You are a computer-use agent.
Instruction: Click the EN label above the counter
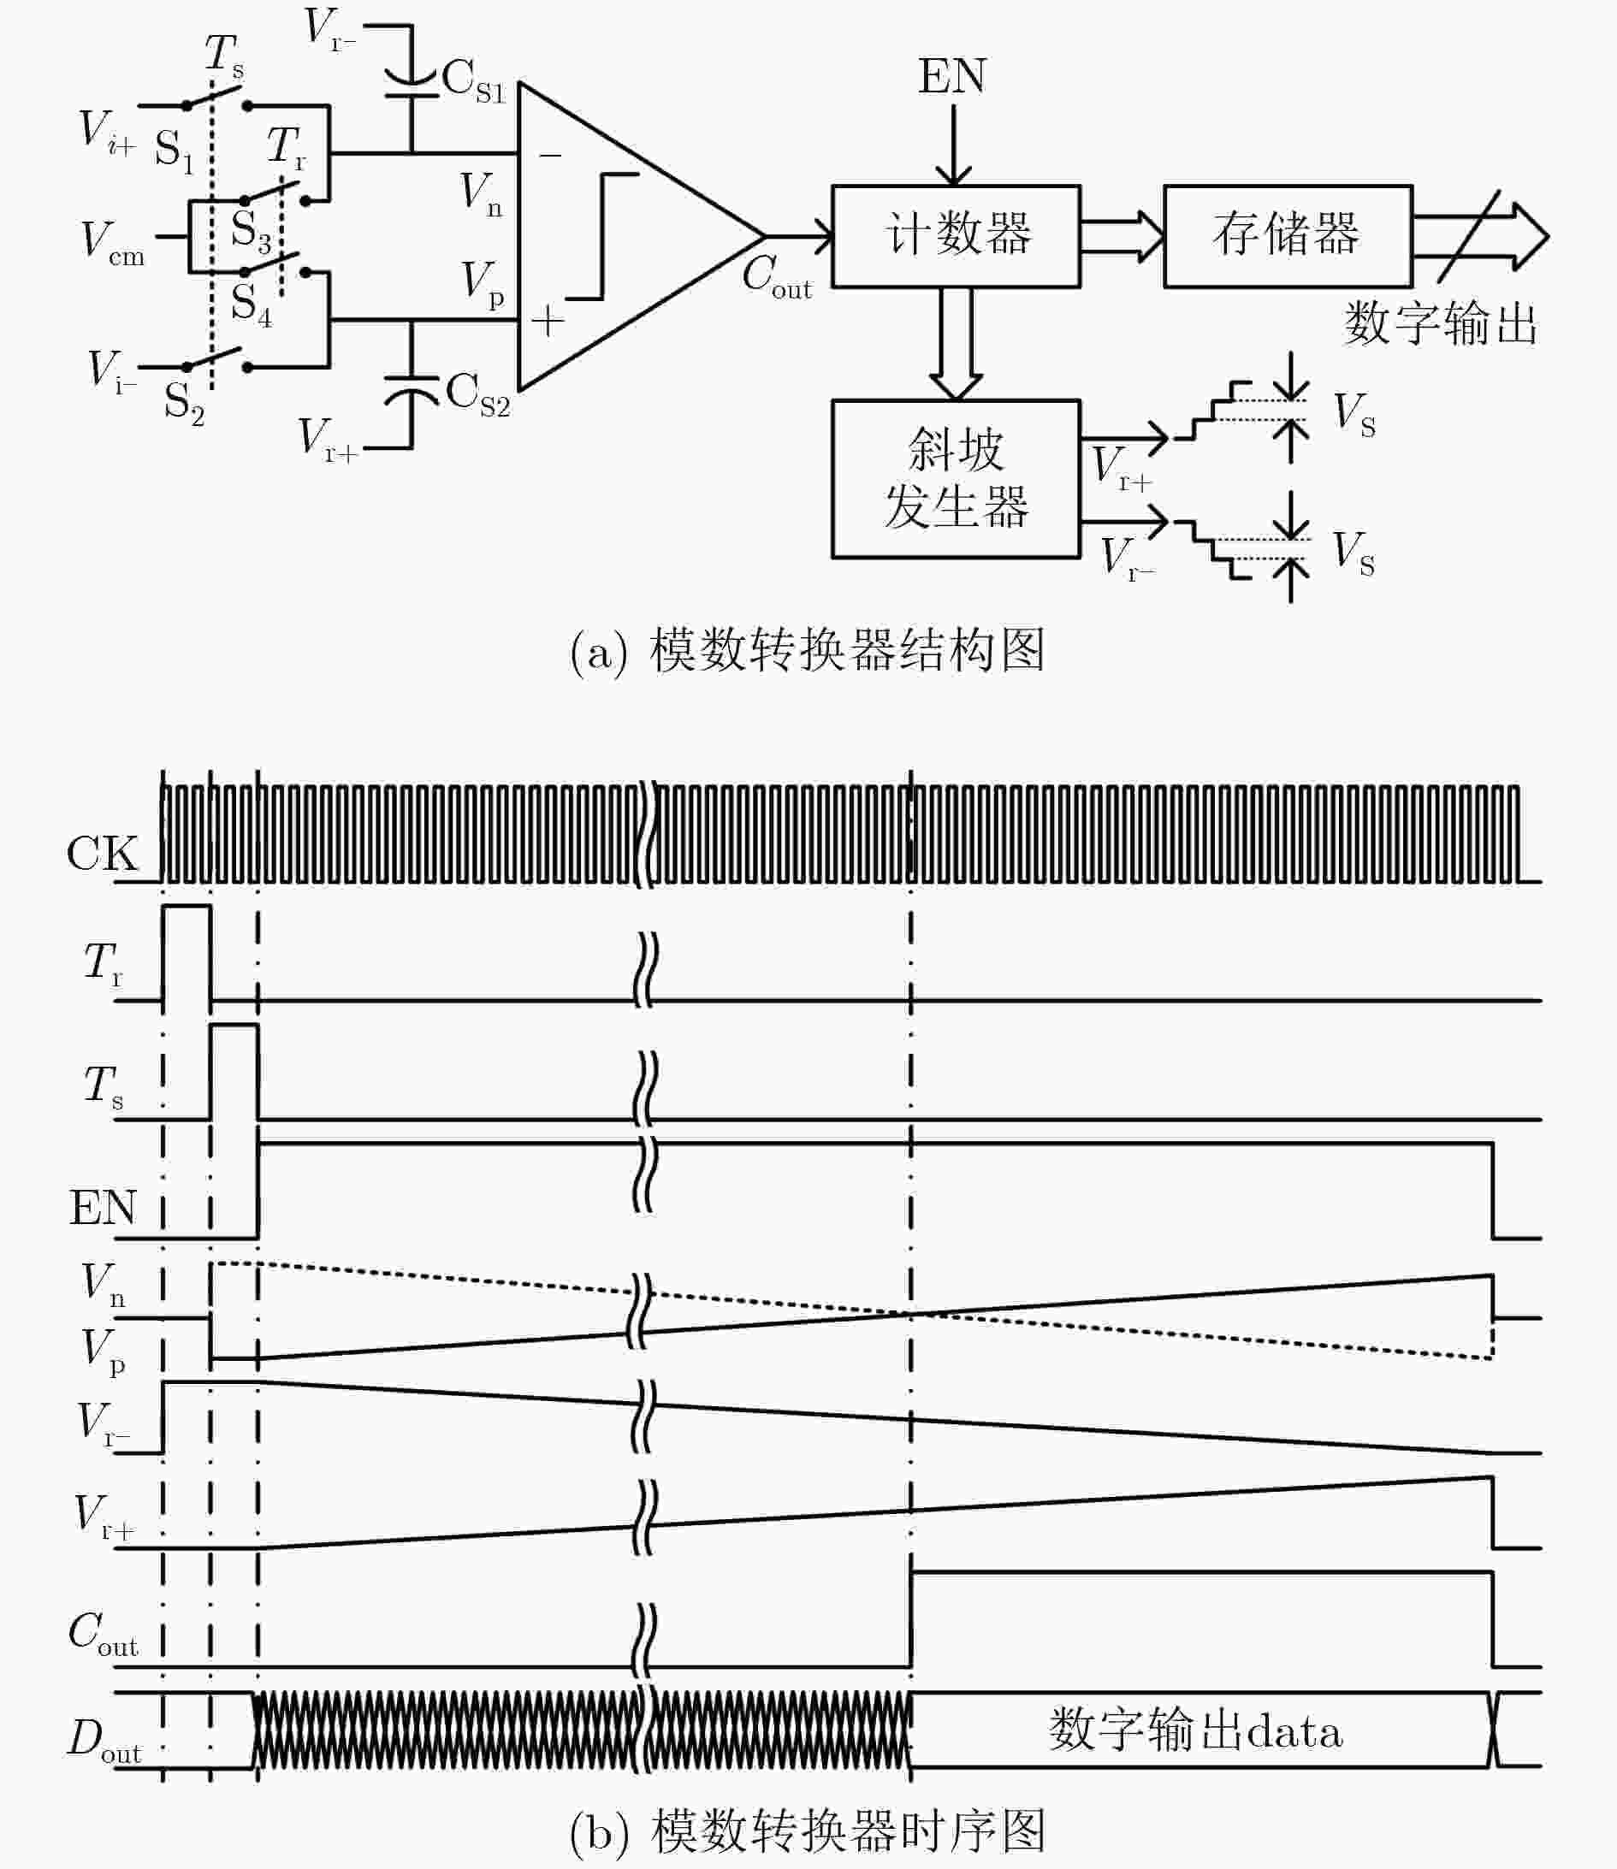(x=952, y=76)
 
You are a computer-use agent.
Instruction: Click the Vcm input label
(x=113, y=243)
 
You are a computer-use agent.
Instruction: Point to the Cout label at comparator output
(x=777, y=275)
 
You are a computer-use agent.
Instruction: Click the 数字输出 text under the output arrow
(x=1441, y=323)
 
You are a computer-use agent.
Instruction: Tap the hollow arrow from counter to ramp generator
(x=956, y=344)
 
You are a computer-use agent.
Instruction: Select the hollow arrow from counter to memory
(x=1122, y=236)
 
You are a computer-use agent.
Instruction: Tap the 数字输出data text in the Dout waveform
(x=1195, y=1730)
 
